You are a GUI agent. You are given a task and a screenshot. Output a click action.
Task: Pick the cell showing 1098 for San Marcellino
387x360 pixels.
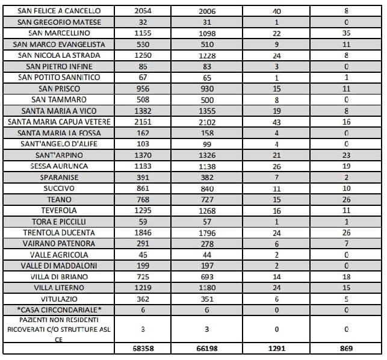[211, 33]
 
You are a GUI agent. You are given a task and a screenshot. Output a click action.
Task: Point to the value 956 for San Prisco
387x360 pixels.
[146, 88]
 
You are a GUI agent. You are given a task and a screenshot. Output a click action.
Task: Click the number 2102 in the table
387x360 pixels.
[211, 122]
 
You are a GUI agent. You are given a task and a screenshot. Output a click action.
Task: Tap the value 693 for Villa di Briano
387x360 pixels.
[211, 276]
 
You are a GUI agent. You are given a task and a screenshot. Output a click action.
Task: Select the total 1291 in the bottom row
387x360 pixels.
[277, 349]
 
